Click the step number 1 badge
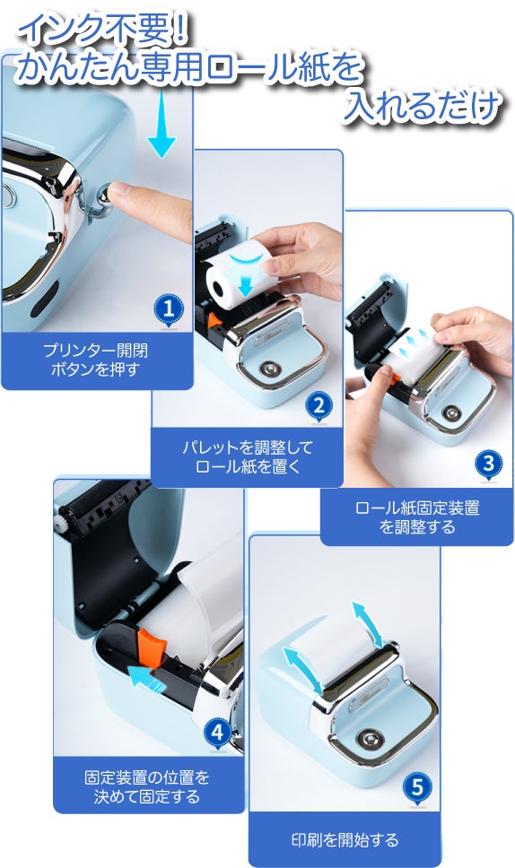pos(169,308)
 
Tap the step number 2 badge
pos(319,407)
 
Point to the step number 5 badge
pos(417,787)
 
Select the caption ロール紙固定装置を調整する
pos(417,517)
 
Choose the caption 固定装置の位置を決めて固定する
pos(147,786)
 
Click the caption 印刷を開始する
pos(345,840)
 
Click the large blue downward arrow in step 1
pos(161,123)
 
